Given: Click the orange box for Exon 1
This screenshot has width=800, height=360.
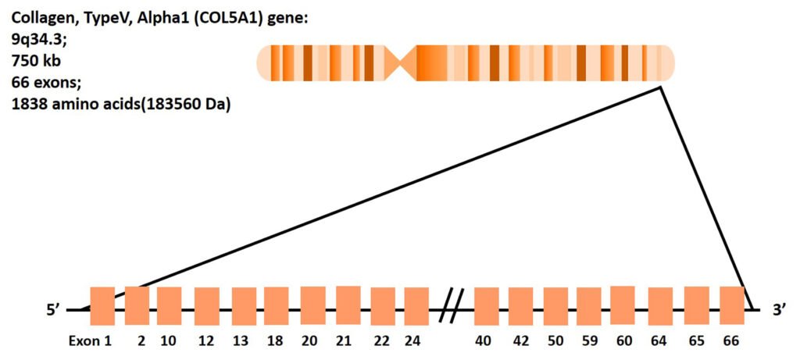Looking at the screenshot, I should (x=102, y=305).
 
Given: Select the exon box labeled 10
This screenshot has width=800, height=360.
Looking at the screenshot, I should (x=170, y=305).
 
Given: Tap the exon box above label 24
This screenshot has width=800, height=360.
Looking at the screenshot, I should (x=416, y=306).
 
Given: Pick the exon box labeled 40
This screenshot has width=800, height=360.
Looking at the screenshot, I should (x=486, y=306).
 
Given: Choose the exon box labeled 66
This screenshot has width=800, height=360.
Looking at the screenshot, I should (x=732, y=305).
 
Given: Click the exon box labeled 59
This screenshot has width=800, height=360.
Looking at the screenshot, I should (x=588, y=306).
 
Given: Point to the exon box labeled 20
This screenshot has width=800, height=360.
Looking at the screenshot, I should (x=312, y=305).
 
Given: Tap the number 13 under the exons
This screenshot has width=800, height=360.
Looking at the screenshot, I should (x=241, y=341).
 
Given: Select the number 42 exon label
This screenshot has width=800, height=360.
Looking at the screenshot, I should (x=520, y=341).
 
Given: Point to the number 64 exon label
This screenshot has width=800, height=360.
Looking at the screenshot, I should (x=660, y=341).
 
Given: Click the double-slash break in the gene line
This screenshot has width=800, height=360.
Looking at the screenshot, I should (x=452, y=305).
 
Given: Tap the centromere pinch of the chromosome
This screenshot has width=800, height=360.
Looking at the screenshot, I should (x=407, y=62).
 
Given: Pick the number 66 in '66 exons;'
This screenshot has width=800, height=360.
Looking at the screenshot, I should (x=21, y=81).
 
